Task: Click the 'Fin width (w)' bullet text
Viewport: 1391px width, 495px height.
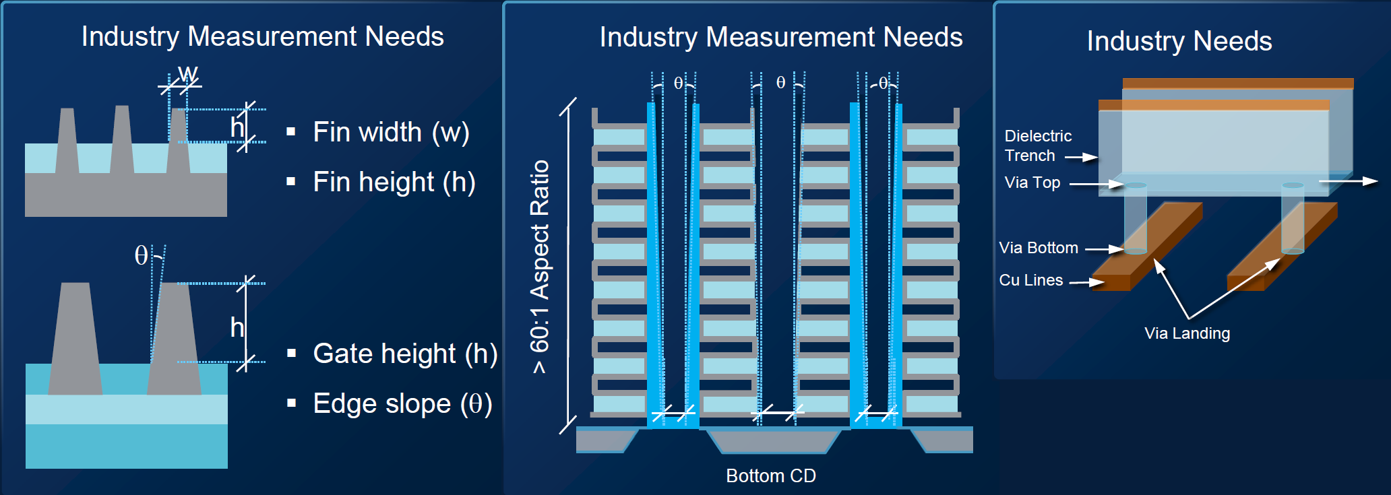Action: [391, 132]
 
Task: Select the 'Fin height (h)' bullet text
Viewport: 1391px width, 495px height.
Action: [394, 182]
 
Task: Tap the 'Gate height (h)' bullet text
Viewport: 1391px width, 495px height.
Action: [405, 354]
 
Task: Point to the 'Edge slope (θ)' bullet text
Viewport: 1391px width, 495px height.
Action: [402, 403]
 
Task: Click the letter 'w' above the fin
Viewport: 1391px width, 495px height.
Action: [188, 73]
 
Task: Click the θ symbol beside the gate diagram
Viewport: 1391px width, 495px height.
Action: [141, 256]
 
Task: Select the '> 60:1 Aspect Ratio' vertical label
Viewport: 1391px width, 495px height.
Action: [540, 267]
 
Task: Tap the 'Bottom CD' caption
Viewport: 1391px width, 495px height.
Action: [771, 475]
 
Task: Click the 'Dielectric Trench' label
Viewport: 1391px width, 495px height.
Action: [1038, 145]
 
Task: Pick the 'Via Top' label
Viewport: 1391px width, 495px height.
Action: [1032, 183]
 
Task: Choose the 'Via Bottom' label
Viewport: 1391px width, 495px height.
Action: [1039, 248]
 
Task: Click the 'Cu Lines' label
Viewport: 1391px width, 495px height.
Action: [1031, 280]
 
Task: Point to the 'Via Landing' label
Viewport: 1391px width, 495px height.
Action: [1187, 333]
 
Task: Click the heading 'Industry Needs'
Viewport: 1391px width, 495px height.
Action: [1179, 41]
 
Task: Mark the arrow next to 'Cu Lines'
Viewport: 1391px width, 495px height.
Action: [1086, 282]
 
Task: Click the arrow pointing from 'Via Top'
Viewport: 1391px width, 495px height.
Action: [1096, 184]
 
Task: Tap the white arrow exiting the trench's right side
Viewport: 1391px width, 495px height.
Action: [1348, 180]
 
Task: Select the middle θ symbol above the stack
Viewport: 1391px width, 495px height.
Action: [780, 83]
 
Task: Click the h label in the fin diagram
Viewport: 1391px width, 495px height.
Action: [237, 127]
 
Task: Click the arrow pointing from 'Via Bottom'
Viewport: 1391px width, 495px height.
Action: [1104, 249]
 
